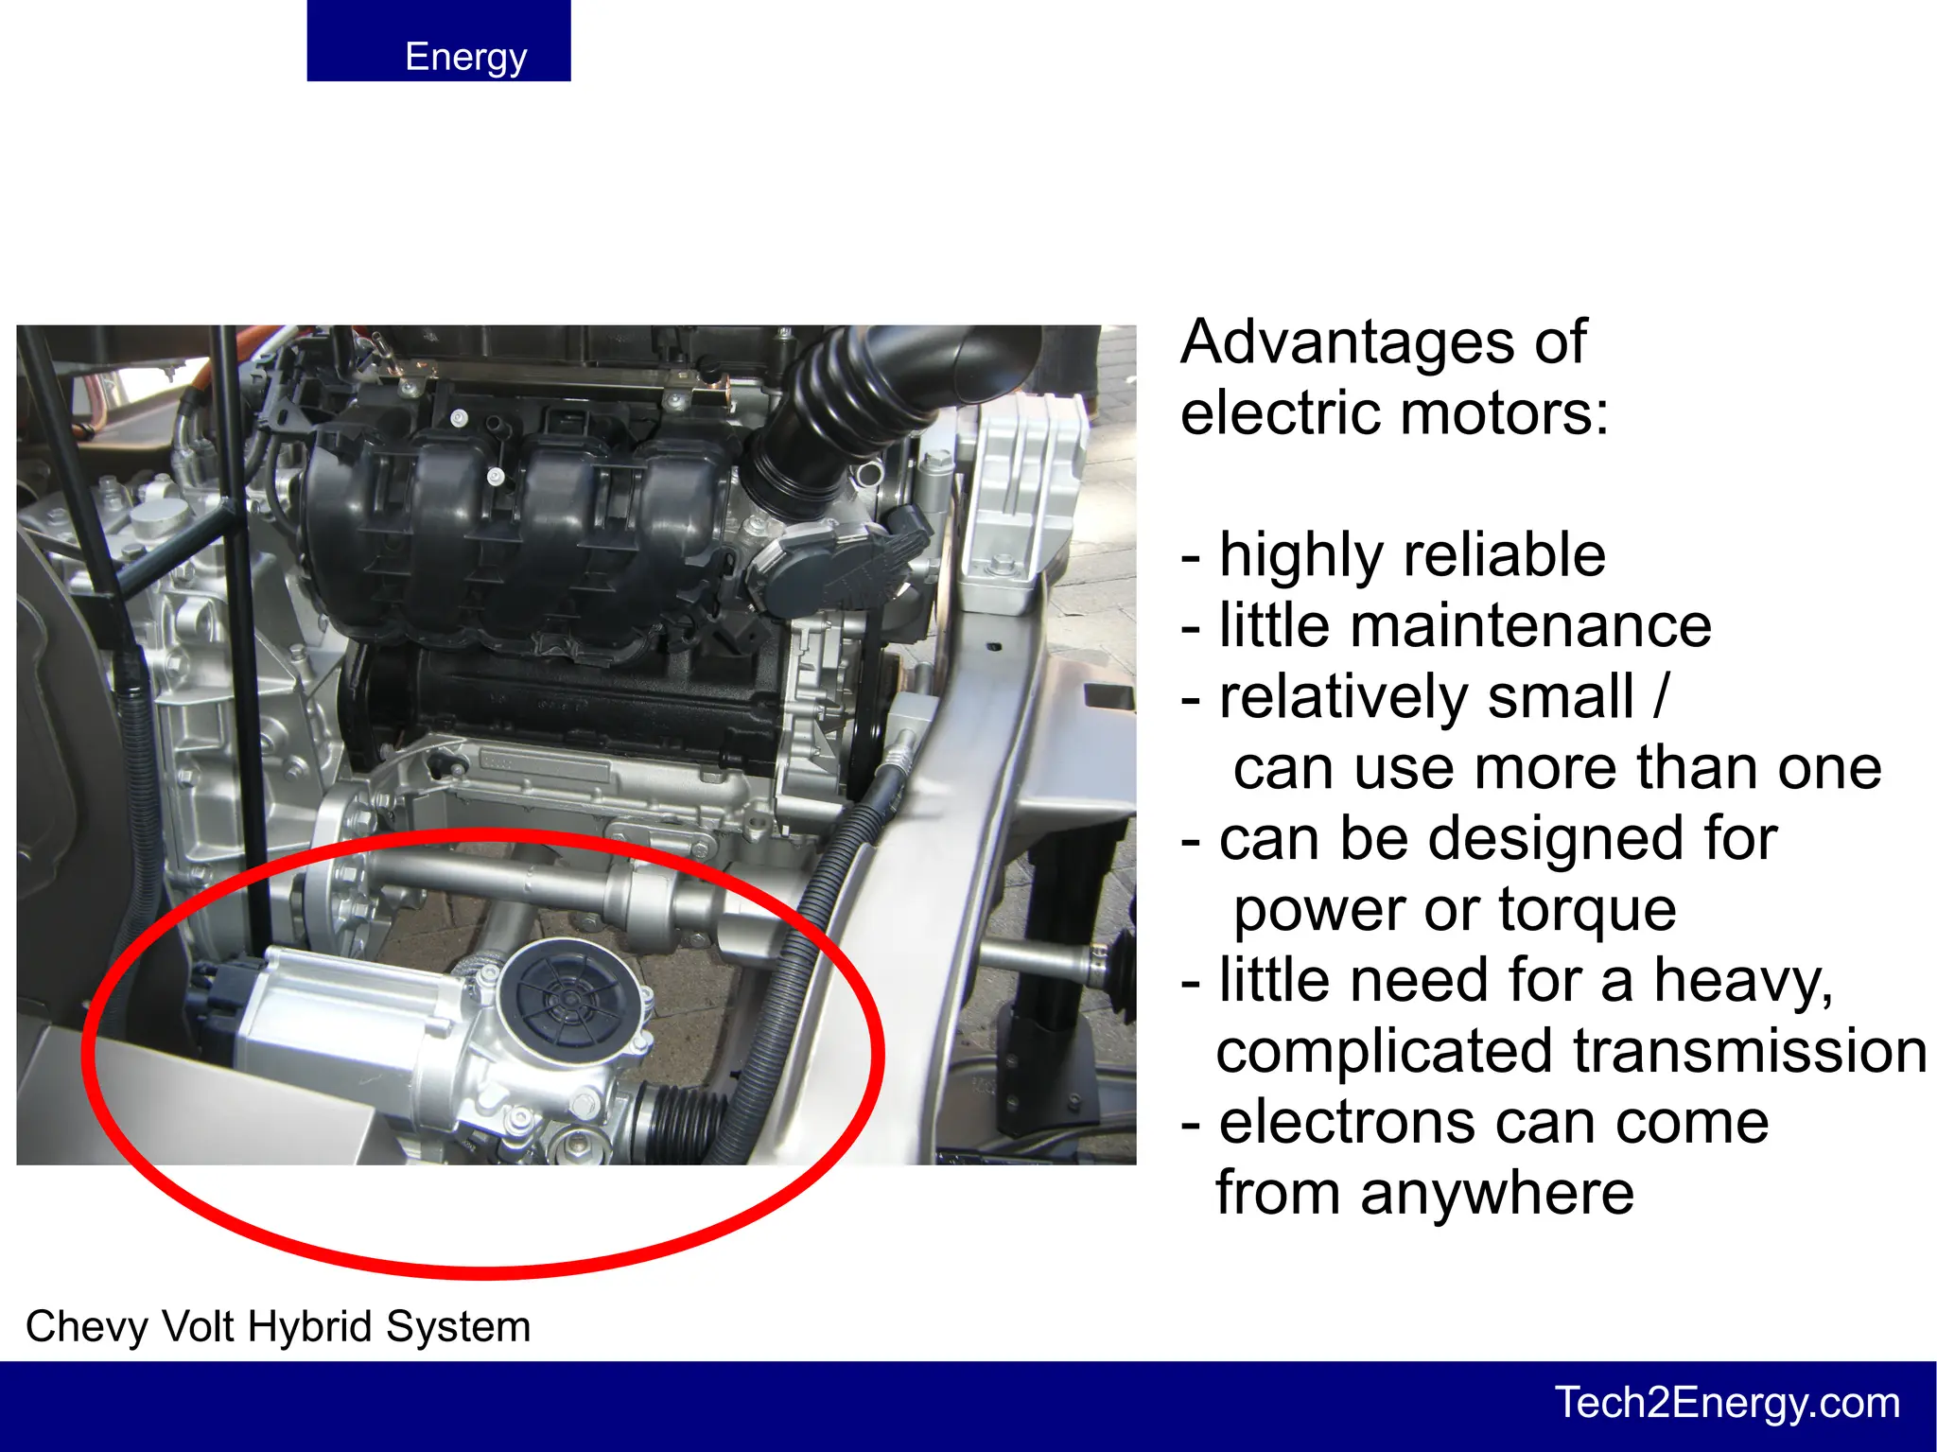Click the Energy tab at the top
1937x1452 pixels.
point(439,42)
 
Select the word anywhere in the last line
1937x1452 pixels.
point(1496,1194)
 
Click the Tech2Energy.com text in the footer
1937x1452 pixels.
point(1727,1403)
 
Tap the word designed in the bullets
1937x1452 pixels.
point(1551,839)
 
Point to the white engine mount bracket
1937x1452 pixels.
point(1026,492)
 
